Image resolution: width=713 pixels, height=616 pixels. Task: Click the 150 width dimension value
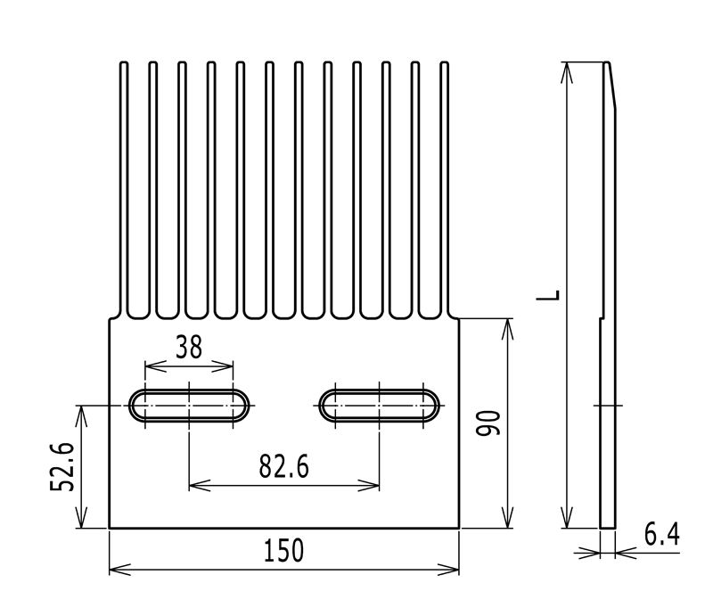[x=283, y=550]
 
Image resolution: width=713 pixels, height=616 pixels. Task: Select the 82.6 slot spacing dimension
[x=283, y=466]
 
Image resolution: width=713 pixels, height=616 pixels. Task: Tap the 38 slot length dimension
[x=189, y=347]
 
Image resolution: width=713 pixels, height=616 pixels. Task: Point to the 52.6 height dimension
[x=61, y=467]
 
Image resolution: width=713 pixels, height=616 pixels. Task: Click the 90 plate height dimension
[x=488, y=423]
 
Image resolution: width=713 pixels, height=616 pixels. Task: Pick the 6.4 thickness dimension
[x=662, y=534]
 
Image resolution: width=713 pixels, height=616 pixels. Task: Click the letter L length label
[x=548, y=295]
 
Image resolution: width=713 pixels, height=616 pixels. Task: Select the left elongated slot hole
[x=189, y=405]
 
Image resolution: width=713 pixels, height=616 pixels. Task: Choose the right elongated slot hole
[x=379, y=405]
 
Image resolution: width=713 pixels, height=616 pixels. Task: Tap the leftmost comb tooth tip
[x=124, y=62]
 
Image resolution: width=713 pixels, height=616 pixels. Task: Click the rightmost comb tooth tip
[x=445, y=62]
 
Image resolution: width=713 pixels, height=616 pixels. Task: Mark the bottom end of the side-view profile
[x=608, y=528]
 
